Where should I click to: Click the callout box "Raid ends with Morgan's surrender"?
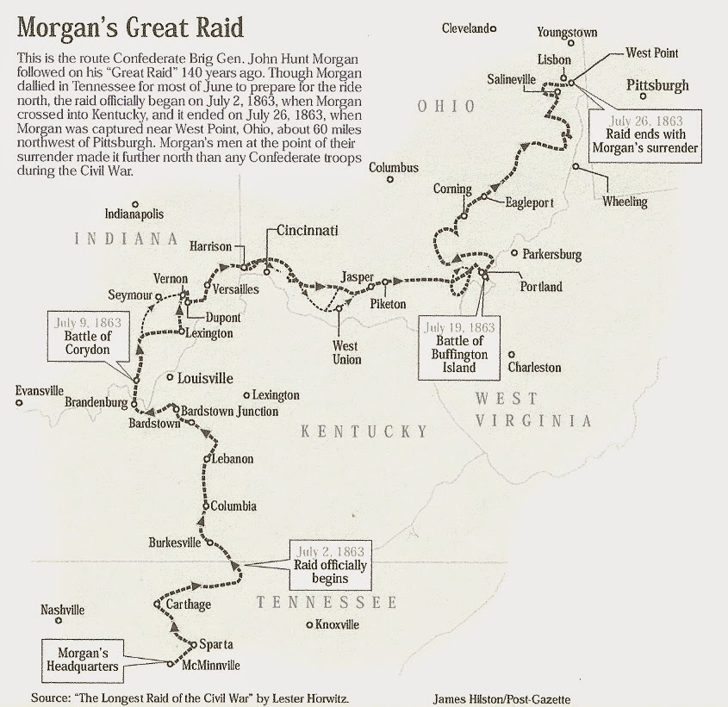click(x=644, y=134)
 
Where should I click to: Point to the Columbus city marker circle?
click(x=390, y=180)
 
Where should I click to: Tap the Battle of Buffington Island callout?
click(x=460, y=347)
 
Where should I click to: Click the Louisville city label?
click(x=205, y=378)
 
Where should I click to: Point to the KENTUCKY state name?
click(x=364, y=431)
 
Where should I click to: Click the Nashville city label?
click(x=63, y=610)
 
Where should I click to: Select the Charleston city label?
click(x=534, y=368)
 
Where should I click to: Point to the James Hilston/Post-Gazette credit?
click(x=502, y=699)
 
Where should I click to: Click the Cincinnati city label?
click(x=308, y=231)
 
